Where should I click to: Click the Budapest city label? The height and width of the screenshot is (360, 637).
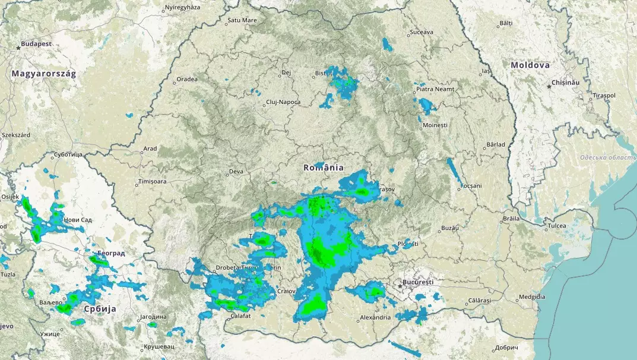(x=36, y=44)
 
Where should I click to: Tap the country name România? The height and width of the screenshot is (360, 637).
(x=324, y=168)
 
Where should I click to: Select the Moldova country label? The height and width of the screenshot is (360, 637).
(x=530, y=65)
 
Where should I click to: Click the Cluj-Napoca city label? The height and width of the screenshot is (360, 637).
(x=283, y=102)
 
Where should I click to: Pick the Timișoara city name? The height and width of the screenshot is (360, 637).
(x=153, y=181)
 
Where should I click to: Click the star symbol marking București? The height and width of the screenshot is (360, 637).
(x=401, y=286)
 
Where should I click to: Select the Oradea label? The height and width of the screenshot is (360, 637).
(x=186, y=79)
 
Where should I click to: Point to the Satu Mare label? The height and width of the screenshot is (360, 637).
(x=242, y=20)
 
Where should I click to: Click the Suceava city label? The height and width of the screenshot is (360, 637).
(x=422, y=31)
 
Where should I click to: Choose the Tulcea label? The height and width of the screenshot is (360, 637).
(x=557, y=226)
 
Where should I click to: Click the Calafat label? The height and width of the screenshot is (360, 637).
(x=240, y=316)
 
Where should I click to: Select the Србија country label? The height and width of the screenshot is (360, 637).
(x=100, y=310)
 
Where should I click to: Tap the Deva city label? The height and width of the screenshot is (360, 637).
(x=236, y=172)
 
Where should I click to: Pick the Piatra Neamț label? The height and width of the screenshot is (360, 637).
(x=435, y=89)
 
